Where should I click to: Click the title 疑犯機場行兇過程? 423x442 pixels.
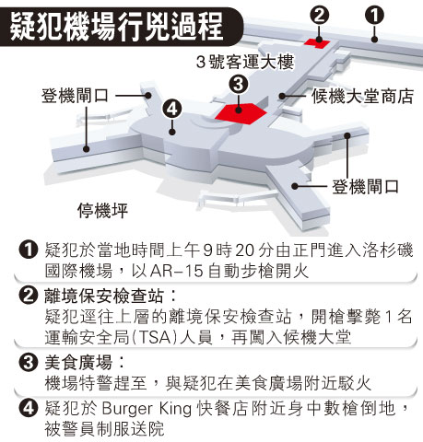pyautogui.click(x=116, y=27)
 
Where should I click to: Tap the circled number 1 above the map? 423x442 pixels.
pyautogui.click(x=374, y=16)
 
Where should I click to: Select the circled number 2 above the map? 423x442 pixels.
pyautogui.click(x=320, y=16)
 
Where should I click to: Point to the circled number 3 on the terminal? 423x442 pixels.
pyautogui.click(x=239, y=85)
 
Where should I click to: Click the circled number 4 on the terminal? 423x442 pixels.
pyautogui.click(x=172, y=109)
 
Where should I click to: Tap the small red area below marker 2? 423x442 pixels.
pyautogui.click(x=317, y=43)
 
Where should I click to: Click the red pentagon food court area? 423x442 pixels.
pyautogui.click(x=241, y=114)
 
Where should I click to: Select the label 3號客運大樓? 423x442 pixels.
pyautogui.click(x=245, y=62)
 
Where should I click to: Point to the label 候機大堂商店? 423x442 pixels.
pyautogui.click(x=362, y=97)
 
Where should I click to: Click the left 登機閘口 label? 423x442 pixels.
pyautogui.click(x=76, y=96)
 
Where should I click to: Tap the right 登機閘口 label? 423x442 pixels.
pyautogui.click(x=365, y=187)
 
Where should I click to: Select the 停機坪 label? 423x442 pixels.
pyautogui.click(x=102, y=211)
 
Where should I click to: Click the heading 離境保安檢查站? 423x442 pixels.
pyautogui.click(x=104, y=297)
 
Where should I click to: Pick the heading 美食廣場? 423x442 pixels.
pyautogui.click(x=78, y=362)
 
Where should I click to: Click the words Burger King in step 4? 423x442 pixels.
pyautogui.click(x=147, y=409)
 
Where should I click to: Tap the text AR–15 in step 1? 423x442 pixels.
pyautogui.click(x=177, y=271)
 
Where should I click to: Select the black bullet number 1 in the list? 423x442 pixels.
pyautogui.click(x=29, y=250)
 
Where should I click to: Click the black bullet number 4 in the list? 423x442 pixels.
pyautogui.click(x=29, y=408)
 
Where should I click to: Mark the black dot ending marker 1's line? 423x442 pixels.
pyautogui.click(x=374, y=39)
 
